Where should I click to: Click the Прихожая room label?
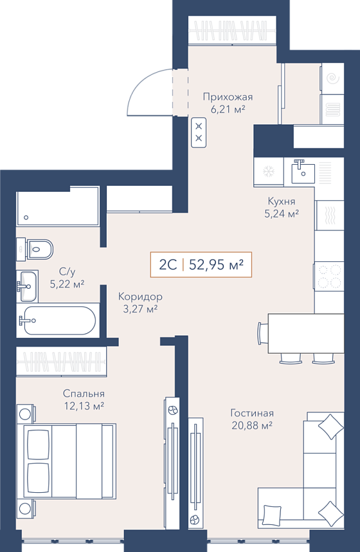[x=228, y=97]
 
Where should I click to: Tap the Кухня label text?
[x=282, y=201]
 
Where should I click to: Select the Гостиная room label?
[x=252, y=412]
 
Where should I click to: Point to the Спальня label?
[x=84, y=393]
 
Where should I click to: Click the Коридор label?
[x=140, y=297]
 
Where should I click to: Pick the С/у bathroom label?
[x=67, y=271]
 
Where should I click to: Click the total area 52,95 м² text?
[x=217, y=264]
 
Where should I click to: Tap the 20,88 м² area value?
[x=252, y=426]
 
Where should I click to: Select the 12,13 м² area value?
[x=84, y=406]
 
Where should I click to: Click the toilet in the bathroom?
[x=35, y=250]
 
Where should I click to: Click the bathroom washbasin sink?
[x=27, y=286]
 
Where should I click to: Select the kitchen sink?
[x=303, y=171]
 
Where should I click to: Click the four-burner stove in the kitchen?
[x=329, y=277]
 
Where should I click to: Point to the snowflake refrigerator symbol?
[x=269, y=172]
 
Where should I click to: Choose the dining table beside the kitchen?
[x=306, y=333]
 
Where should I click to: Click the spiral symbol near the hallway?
[x=332, y=78]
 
